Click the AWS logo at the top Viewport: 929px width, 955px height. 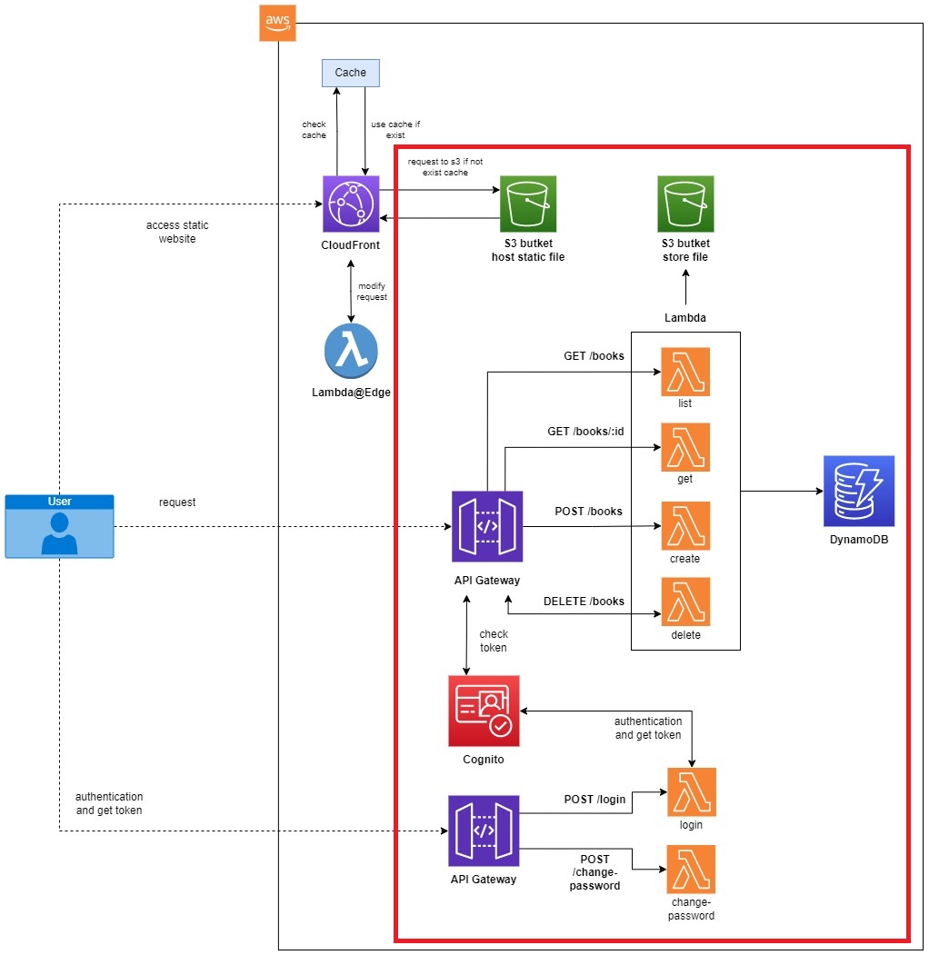click(x=277, y=23)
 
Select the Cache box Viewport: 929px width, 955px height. click(x=350, y=73)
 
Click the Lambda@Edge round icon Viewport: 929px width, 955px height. click(x=351, y=350)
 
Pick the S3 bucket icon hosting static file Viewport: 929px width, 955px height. click(x=527, y=204)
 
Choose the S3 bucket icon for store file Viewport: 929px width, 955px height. click(x=685, y=204)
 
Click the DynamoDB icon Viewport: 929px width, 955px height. click(x=859, y=491)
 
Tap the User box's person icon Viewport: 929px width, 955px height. click(x=59, y=532)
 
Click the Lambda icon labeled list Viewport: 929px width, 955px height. click(x=685, y=372)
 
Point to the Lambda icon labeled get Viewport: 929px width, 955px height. click(x=685, y=447)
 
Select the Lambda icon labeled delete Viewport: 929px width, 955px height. click(x=685, y=602)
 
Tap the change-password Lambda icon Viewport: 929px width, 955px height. click(x=692, y=870)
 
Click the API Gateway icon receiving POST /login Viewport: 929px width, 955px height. click(x=483, y=831)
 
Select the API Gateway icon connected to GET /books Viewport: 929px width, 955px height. click(x=486, y=526)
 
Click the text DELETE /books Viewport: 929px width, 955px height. click(x=584, y=601)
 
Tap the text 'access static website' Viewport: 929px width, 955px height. click(x=171, y=232)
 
